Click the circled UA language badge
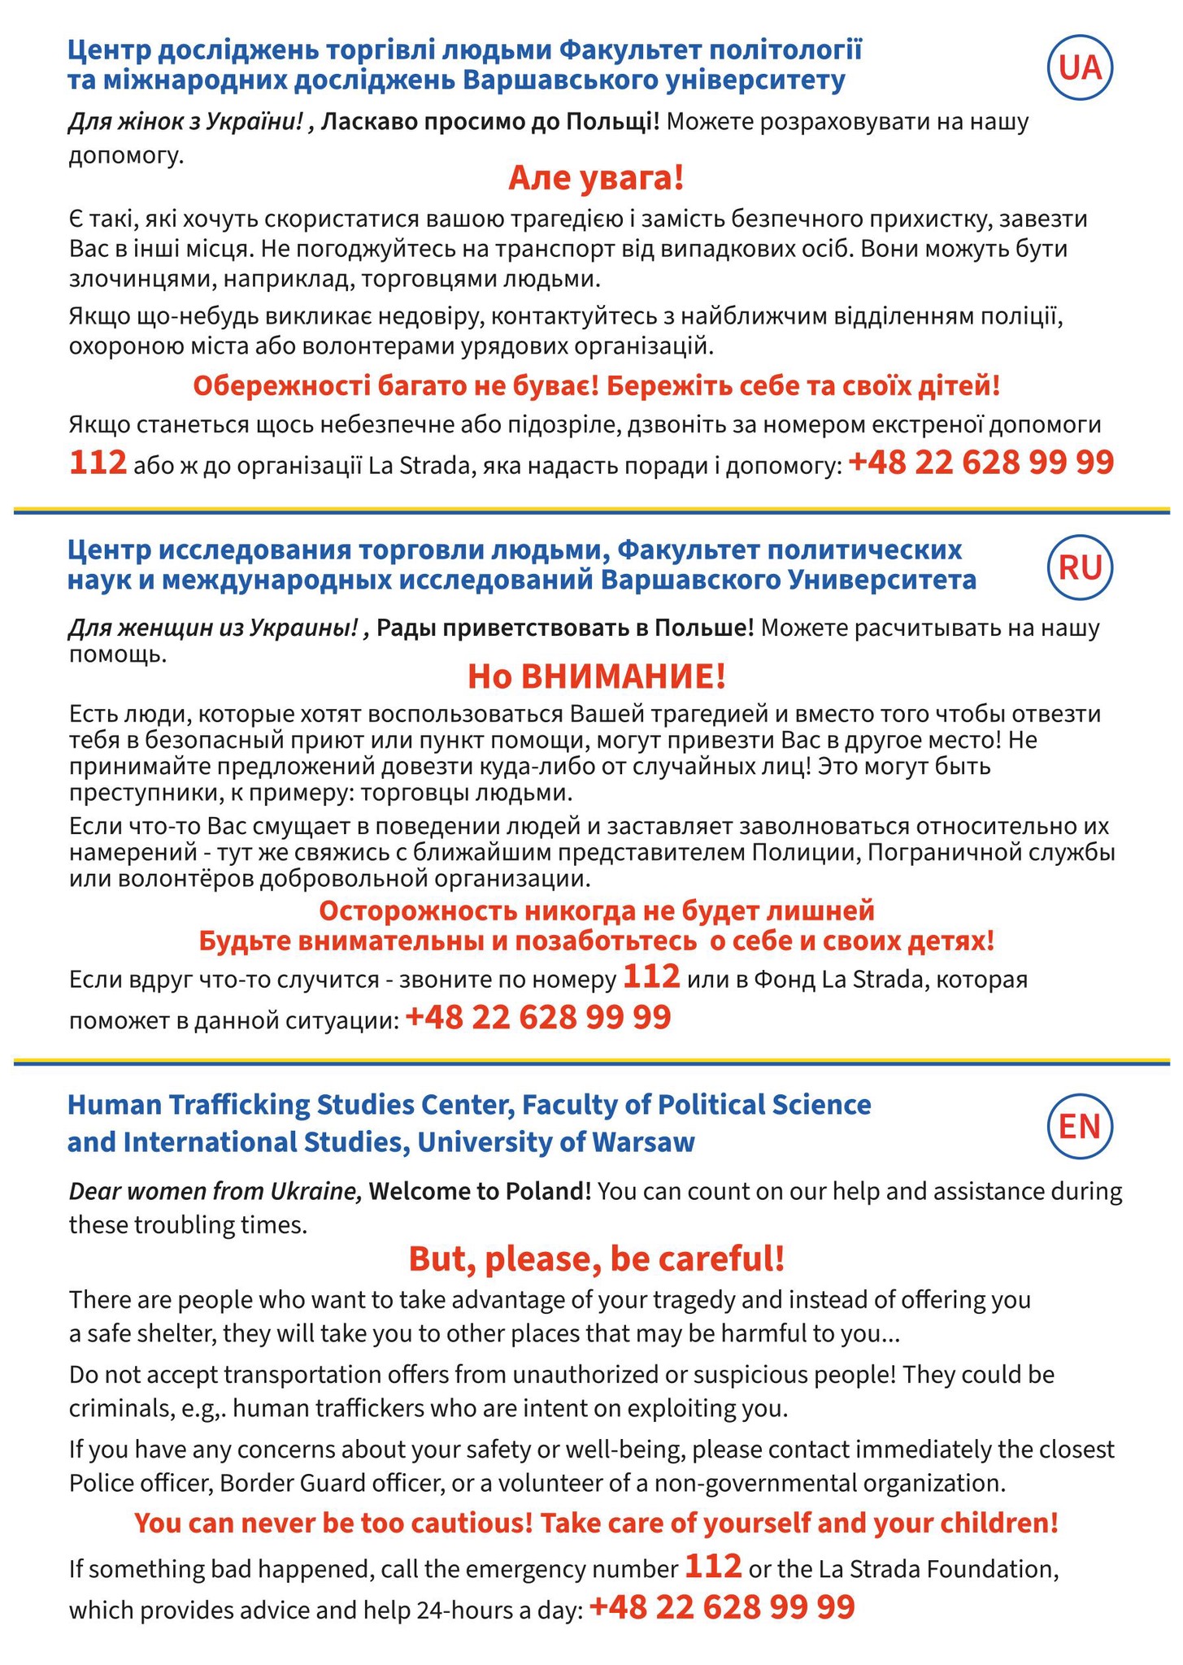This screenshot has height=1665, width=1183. tap(1080, 69)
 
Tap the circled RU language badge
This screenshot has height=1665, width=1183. tap(1080, 567)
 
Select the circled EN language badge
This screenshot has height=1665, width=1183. tap(1080, 1126)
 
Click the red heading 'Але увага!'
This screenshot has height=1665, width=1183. tap(596, 178)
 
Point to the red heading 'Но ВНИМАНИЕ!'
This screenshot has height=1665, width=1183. tap(596, 676)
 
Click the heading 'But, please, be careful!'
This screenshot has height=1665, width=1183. tap(596, 1259)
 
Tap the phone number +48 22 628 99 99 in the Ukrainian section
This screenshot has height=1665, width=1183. tap(981, 463)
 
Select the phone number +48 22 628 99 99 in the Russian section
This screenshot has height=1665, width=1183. tap(537, 1017)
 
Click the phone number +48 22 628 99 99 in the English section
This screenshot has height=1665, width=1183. tap(722, 1607)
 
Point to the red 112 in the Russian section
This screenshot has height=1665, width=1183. tap(651, 976)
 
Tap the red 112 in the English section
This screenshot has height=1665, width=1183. tap(713, 1565)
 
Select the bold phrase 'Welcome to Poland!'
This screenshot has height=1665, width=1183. tap(481, 1191)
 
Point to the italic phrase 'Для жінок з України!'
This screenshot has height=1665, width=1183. tap(186, 123)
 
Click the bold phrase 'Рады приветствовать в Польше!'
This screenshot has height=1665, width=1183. tap(566, 628)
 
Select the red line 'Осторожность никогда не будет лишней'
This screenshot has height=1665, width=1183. tap(596, 911)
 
